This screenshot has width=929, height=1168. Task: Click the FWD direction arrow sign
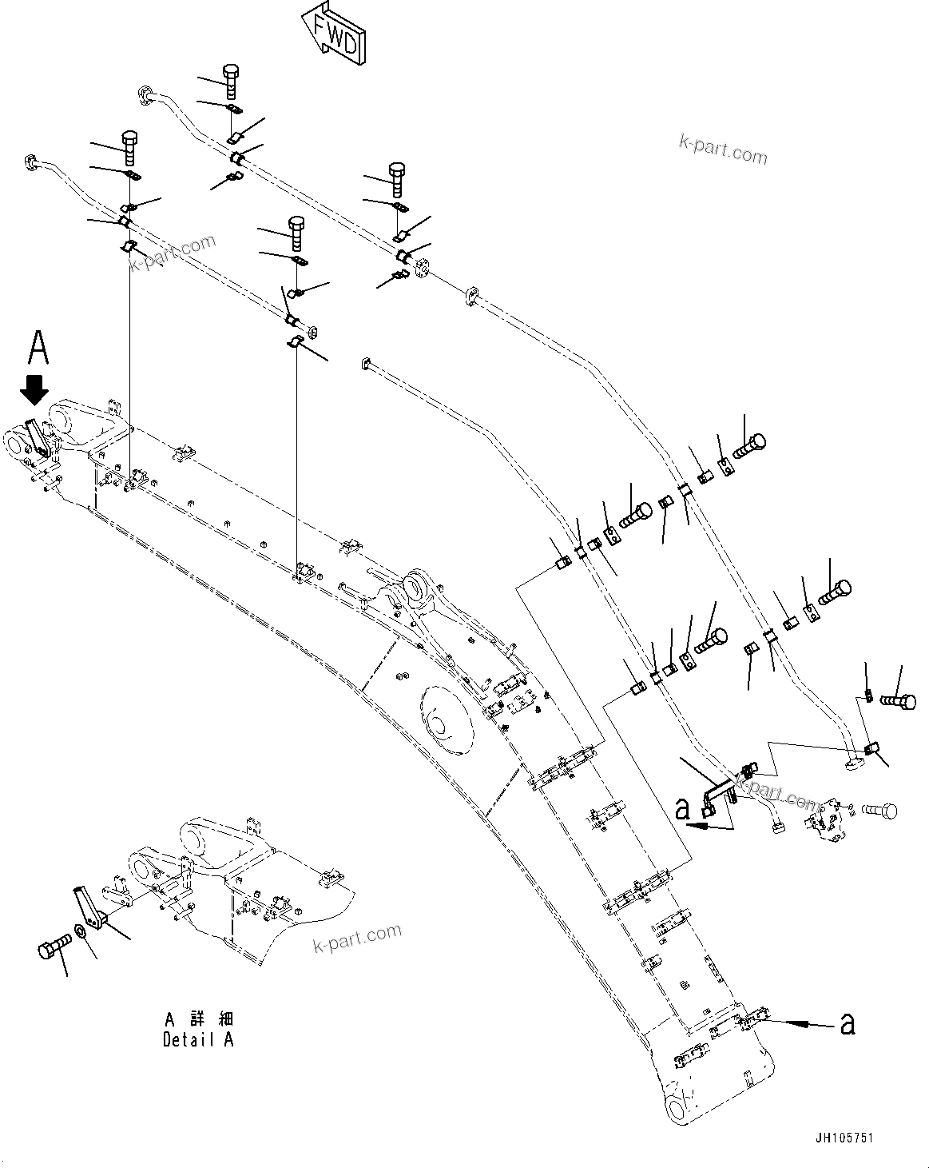(334, 32)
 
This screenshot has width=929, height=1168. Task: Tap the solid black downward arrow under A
(34, 390)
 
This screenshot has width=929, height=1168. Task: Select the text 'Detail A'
(199, 1040)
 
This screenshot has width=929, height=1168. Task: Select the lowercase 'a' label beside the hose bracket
(682, 808)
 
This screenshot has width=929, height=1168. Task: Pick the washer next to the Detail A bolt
(82, 933)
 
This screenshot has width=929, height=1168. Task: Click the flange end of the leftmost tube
(32, 162)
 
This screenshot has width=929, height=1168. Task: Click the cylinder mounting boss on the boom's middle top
(415, 589)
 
